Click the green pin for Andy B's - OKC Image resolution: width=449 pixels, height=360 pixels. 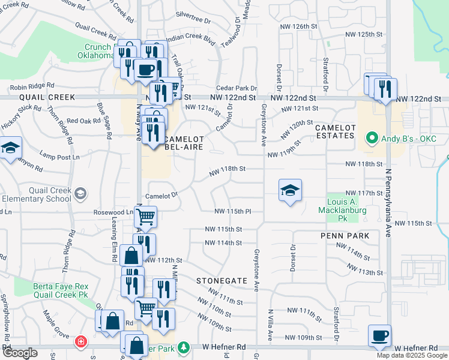[x=372, y=139]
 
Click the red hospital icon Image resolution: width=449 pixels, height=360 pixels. [x=80, y=343]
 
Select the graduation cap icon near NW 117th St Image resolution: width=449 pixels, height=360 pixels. [x=291, y=190]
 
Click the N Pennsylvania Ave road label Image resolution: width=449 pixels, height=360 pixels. [x=388, y=198]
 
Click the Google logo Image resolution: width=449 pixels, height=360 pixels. [x=20, y=353]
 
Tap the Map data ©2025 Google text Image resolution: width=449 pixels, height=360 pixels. [x=412, y=355]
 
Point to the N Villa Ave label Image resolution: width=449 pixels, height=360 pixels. [x=271, y=324]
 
